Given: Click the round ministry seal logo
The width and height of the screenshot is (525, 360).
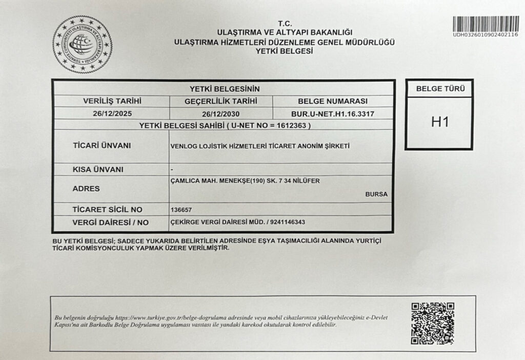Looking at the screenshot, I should click(82, 44).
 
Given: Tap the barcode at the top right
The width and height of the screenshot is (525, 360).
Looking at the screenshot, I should click(486, 23).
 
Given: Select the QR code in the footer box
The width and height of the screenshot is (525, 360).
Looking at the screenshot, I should click(433, 323).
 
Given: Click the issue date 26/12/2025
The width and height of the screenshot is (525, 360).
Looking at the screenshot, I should click(111, 114).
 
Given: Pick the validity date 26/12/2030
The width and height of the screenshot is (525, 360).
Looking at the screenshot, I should click(221, 114).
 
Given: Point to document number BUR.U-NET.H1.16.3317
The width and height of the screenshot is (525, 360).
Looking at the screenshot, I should click(332, 114).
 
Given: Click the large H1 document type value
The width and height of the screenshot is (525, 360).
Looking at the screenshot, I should click(439, 123).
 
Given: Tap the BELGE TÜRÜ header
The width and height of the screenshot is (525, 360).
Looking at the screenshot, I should click(439, 89).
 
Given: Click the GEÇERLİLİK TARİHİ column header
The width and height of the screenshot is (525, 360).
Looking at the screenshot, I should click(221, 101).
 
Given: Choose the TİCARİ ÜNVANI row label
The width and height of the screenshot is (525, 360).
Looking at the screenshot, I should click(102, 146).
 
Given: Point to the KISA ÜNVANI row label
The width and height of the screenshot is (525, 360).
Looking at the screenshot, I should click(98, 169).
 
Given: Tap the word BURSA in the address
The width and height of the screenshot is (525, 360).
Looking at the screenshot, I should click(376, 194).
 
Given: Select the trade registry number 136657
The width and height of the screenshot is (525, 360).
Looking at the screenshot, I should click(180, 210).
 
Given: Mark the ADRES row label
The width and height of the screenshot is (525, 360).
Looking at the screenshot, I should click(87, 188).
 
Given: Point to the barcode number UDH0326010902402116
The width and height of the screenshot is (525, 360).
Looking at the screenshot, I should click(485, 34).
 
